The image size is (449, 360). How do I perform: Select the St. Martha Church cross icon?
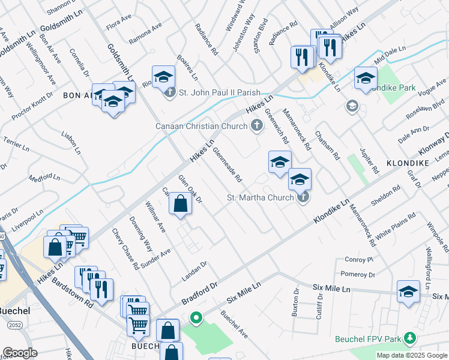[x=303, y=197]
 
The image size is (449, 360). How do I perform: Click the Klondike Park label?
[x=393, y=88]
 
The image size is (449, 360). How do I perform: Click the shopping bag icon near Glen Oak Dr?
[x=180, y=204]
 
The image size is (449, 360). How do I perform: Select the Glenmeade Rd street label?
[x=227, y=165]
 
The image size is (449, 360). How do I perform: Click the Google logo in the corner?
[x=20, y=353]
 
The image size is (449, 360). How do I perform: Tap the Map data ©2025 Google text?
[x=412, y=355]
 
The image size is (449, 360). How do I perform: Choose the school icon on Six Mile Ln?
[x=408, y=292]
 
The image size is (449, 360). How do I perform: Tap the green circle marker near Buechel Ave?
[x=194, y=317]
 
